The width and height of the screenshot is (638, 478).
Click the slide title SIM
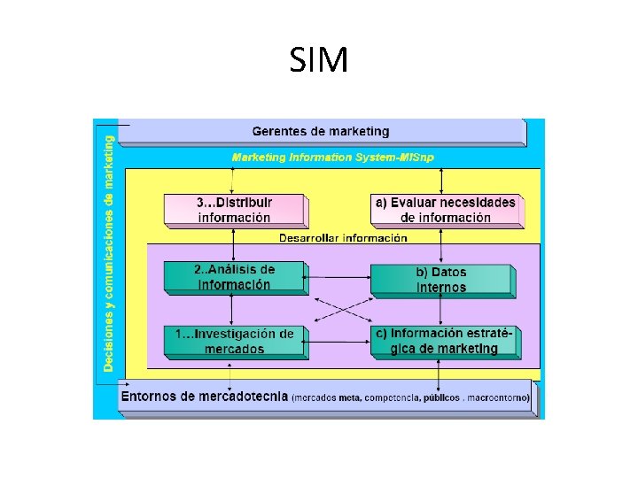pyautogui.click(x=319, y=61)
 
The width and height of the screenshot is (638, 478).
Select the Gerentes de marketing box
pyautogui.click(x=321, y=132)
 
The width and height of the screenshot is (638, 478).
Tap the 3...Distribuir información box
pyautogui.click(x=234, y=210)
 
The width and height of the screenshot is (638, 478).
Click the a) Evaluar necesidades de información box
pyautogui.click(x=445, y=210)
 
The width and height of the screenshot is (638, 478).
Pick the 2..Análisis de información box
pyautogui.click(x=234, y=277)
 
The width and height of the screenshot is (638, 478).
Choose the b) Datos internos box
pyautogui.click(x=440, y=279)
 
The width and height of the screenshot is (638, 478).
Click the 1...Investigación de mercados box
pyautogui.click(x=234, y=341)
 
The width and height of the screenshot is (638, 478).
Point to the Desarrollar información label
pyautogui.click(x=343, y=237)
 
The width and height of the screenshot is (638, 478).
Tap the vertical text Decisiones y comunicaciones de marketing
pyautogui.click(x=108, y=252)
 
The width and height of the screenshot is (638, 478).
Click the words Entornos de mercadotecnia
pyautogui.click(x=204, y=397)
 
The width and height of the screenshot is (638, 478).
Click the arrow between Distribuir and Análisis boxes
pyautogui.click(x=232, y=243)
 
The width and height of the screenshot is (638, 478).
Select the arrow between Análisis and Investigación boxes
pyautogui.click(x=232, y=309)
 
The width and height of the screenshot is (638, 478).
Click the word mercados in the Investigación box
pyautogui.click(x=234, y=349)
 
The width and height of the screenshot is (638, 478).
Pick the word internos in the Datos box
pyautogui.click(x=441, y=287)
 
